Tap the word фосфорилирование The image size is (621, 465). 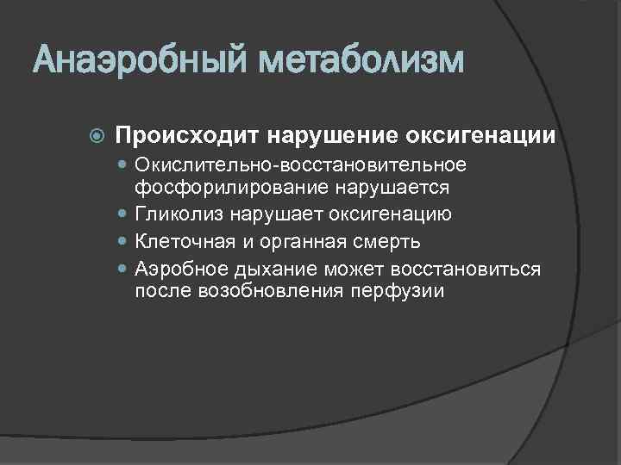tap(224, 188)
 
